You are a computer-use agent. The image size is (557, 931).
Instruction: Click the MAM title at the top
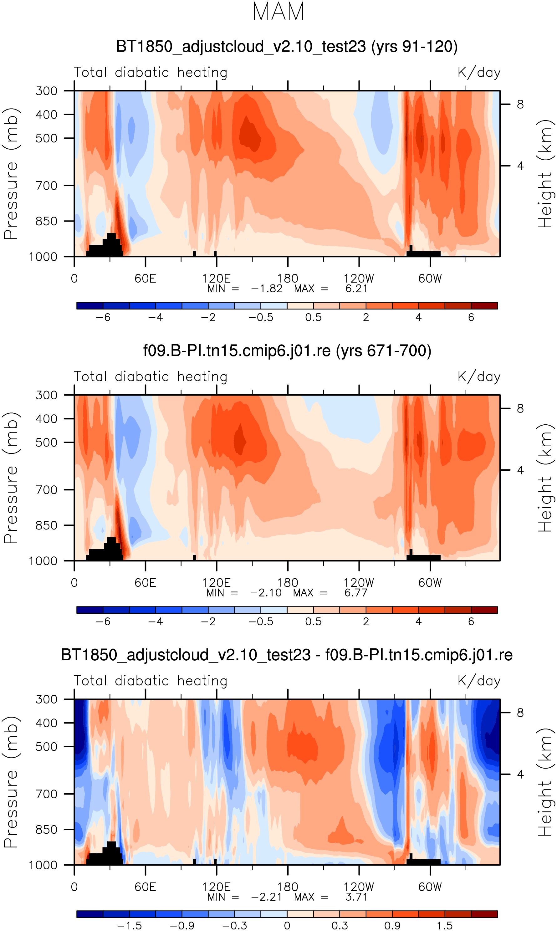click(x=278, y=12)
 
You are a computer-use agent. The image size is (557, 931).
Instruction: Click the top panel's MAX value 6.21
click(x=356, y=289)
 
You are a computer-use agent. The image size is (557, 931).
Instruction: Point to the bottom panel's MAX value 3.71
click(x=356, y=897)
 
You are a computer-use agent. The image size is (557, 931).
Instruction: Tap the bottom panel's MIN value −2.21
click(x=267, y=897)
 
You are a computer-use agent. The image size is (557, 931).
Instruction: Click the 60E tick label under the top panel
click(x=145, y=279)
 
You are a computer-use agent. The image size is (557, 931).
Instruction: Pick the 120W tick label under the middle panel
click(x=359, y=583)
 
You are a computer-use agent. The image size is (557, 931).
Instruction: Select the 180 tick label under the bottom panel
click(x=288, y=887)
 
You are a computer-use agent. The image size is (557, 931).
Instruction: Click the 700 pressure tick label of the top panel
click(x=47, y=186)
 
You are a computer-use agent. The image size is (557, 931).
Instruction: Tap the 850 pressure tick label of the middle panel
click(x=47, y=525)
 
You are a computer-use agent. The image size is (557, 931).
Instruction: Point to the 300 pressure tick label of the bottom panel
click(x=47, y=699)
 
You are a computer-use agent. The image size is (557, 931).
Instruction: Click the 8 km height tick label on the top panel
click(x=520, y=104)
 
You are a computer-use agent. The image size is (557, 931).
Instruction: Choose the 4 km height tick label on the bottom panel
click(x=520, y=774)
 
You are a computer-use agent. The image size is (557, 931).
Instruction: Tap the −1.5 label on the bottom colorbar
click(x=129, y=926)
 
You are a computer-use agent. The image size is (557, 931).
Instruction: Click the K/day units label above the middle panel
click(x=479, y=377)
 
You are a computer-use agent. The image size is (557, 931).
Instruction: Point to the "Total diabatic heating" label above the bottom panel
click(x=151, y=681)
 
